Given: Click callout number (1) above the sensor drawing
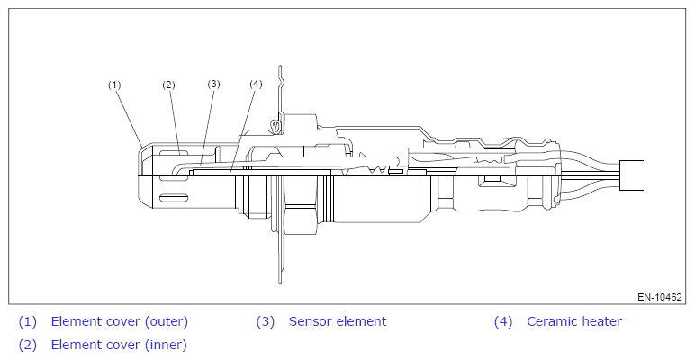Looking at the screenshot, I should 114,85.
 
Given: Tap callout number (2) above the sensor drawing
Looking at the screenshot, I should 168,85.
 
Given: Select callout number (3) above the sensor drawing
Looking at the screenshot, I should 213,84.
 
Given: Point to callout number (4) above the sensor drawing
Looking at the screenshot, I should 256,84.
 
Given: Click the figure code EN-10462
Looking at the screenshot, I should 659,295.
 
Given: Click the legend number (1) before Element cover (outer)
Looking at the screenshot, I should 28,321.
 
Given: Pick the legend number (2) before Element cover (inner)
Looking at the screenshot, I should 28,344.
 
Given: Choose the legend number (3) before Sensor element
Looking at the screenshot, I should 266,321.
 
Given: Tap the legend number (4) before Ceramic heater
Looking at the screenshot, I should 503,321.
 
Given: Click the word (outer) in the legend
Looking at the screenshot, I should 165,321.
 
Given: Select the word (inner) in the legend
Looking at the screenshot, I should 164,344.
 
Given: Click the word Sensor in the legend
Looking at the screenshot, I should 311,321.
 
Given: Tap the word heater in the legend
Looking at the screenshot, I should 601,321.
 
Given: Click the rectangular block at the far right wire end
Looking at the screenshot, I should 632,175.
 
